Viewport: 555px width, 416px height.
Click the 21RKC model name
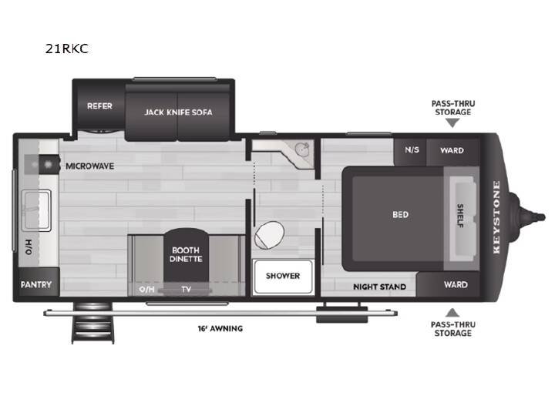[67, 49]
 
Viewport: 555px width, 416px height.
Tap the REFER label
[99, 106]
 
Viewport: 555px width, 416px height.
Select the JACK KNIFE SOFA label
[178, 112]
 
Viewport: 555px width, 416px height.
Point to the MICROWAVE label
[90, 166]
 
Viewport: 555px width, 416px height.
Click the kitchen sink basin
[36, 210]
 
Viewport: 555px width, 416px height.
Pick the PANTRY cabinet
[36, 282]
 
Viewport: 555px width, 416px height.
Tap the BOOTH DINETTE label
[186, 254]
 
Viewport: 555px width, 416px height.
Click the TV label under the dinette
[187, 290]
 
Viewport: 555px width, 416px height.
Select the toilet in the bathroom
[269, 235]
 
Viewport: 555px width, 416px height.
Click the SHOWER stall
[283, 277]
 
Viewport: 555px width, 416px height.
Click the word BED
[400, 215]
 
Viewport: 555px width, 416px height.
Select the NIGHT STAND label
[379, 287]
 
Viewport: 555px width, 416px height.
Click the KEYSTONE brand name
[496, 216]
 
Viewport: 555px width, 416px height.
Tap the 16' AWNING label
[220, 329]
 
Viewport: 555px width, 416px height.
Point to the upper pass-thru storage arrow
[452, 122]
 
